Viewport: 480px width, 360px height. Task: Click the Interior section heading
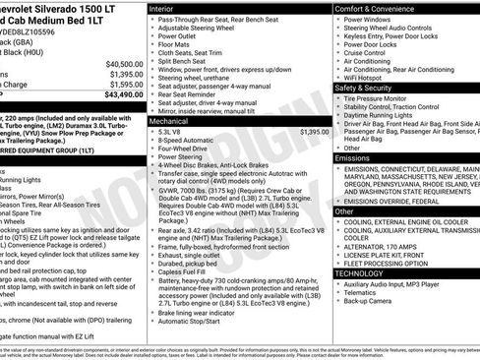click(x=163, y=8)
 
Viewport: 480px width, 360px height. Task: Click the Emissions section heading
click(x=353, y=157)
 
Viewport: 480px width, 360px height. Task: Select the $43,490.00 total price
click(x=119, y=95)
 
